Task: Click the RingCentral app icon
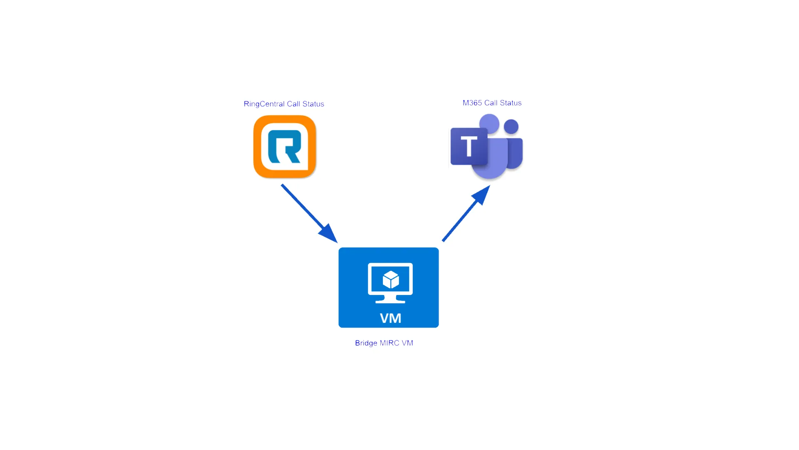tap(285, 147)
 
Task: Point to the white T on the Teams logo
tap(469, 146)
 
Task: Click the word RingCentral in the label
tap(264, 104)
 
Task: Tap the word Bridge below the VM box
tap(366, 343)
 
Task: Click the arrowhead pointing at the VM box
tap(329, 234)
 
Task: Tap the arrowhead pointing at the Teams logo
tap(481, 195)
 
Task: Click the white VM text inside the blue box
tap(390, 318)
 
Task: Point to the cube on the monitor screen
tap(391, 280)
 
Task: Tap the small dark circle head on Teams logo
tap(511, 127)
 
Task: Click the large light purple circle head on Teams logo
tap(489, 124)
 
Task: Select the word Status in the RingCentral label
tap(313, 104)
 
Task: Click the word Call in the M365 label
tap(491, 103)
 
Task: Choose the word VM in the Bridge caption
tap(407, 343)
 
